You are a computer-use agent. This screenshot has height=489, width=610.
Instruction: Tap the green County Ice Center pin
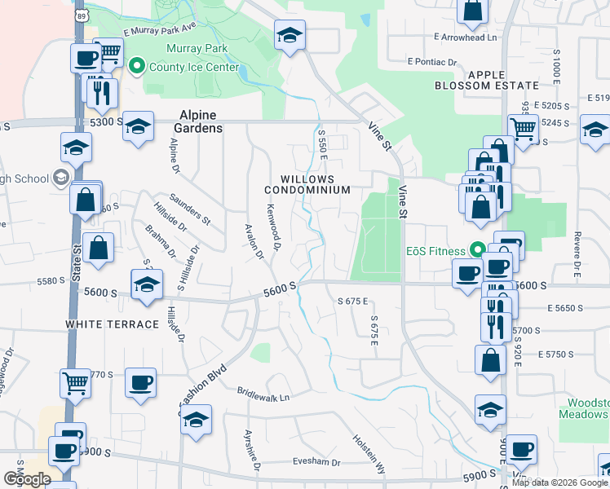tap(137, 65)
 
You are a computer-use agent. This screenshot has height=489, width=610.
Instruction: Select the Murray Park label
tap(197, 49)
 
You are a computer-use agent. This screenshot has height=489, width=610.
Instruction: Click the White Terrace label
tap(113, 324)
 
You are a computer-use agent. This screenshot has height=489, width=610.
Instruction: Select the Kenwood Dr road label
tap(273, 227)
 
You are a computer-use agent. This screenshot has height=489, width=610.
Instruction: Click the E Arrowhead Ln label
tap(466, 37)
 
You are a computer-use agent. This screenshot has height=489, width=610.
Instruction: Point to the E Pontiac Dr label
tap(443, 62)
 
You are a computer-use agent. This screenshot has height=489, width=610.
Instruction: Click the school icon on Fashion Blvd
tap(195, 420)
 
